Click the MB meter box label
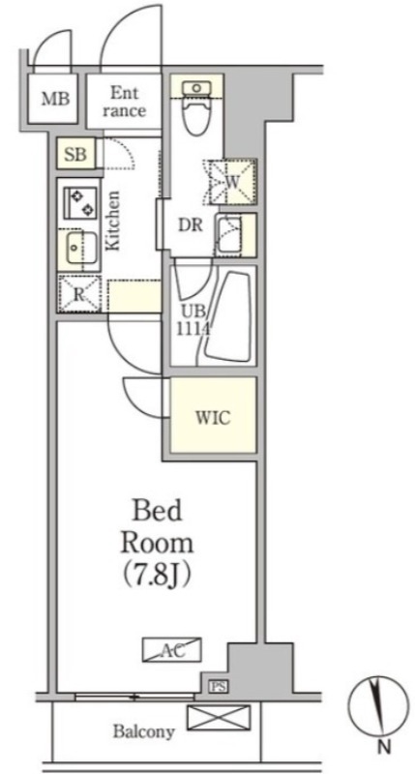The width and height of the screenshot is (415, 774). pos(56,100)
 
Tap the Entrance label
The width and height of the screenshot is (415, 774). pos(125,102)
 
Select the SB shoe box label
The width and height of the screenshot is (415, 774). pos(76,155)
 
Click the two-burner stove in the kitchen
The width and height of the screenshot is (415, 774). pos(80,202)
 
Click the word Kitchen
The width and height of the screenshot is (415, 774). pos(113,221)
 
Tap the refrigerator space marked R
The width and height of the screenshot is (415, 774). pos(79,294)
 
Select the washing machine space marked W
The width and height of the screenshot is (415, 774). pos(233,182)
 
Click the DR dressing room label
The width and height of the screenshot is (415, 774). pos(191,225)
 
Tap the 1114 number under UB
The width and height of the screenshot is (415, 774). pos(193,328)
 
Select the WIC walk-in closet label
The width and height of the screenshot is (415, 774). pos(213,419)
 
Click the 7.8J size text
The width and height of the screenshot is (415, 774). pos(158,574)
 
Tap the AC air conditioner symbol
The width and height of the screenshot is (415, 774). pos(172,649)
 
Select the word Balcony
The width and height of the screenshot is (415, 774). pos(143,731)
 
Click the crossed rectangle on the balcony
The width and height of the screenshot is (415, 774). pos(219,718)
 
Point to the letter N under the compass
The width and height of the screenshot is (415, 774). pos(384,747)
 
